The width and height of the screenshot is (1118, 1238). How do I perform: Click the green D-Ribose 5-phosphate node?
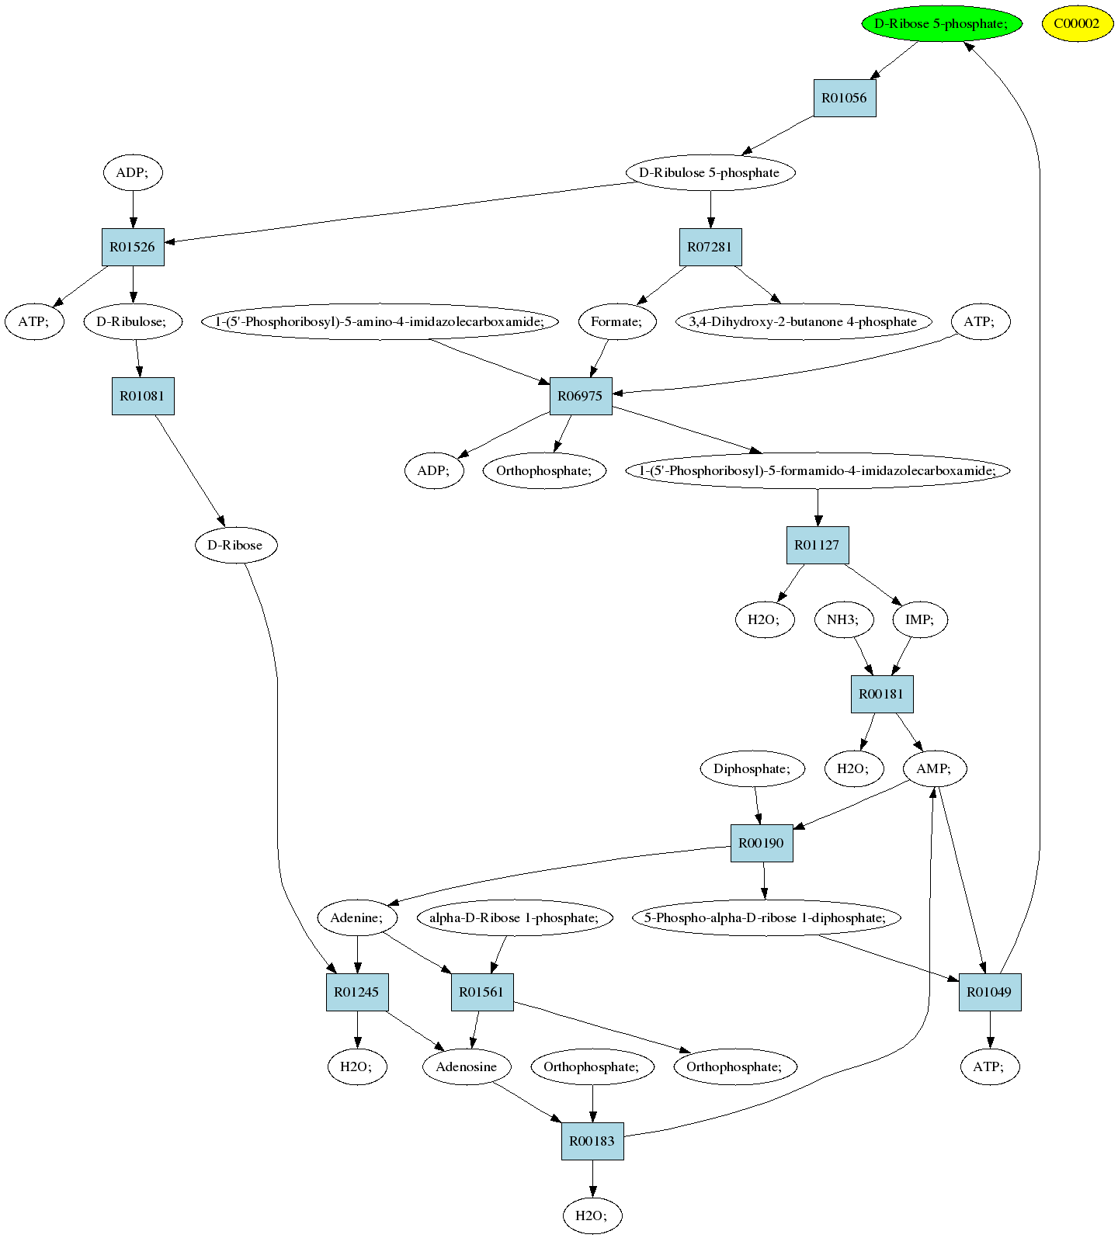point(941,23)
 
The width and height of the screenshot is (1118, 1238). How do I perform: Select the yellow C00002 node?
point(1077,23)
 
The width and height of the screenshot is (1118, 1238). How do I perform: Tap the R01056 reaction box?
point(845,98)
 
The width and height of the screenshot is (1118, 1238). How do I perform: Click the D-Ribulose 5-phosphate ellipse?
point(710,172)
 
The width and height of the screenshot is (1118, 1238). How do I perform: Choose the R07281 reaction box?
point(710,247)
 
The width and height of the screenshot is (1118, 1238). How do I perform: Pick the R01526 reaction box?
point(133,247)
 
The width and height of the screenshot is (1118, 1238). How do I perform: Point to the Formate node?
point(617,321)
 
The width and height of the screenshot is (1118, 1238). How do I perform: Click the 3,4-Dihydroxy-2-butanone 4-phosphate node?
point(803,321)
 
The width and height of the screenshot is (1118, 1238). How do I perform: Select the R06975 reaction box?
point(581,396)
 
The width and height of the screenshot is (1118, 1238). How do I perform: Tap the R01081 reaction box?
point(143,396)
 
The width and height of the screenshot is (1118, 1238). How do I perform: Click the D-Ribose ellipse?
point(235,545)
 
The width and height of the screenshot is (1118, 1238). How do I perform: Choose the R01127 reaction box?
point(818,545)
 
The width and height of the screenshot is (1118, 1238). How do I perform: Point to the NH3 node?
point(843,619)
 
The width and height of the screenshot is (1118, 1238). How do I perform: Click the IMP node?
point(919,619)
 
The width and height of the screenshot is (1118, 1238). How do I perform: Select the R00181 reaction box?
point(882,694)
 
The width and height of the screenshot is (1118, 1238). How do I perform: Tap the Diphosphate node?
point(752,768)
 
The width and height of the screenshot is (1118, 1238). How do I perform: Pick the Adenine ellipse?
point(357,917)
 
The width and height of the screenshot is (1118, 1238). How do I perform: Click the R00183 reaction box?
point(592,1141)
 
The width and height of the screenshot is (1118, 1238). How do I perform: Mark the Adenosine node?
point(467,1066)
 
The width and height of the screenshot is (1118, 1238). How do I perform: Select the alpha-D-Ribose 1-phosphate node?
point(515,917)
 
